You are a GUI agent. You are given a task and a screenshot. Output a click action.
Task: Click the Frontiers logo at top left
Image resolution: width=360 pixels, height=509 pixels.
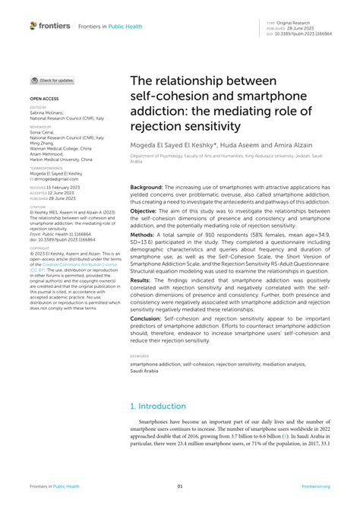click(x=50, y=25)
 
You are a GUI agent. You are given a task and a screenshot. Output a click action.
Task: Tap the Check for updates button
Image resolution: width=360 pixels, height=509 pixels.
click(x=52, y=80)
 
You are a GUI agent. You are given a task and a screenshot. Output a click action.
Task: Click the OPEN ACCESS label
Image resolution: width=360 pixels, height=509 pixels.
click(x=44, y=99)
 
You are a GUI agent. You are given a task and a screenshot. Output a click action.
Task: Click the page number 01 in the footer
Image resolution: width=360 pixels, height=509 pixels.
click(x=180, y=486)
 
